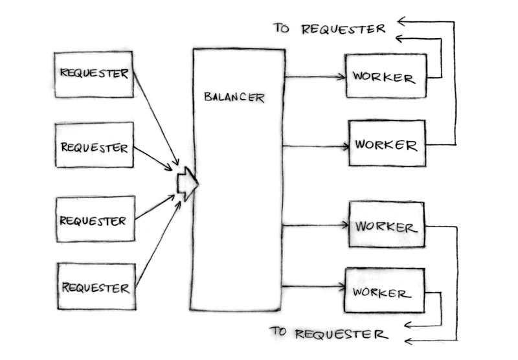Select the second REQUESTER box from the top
point(95,146)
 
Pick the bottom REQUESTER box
point(96,286)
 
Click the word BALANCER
point(234,98)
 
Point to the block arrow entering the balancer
point(188,183)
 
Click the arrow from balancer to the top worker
point(315,77)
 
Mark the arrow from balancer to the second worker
point(316,146)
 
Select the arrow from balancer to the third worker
point(316,225)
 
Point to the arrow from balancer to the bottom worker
point(314,286)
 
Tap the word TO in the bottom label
point(279,332)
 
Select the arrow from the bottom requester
point(158,241)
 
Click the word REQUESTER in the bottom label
point(341,334)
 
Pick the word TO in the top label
point(282,28)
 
